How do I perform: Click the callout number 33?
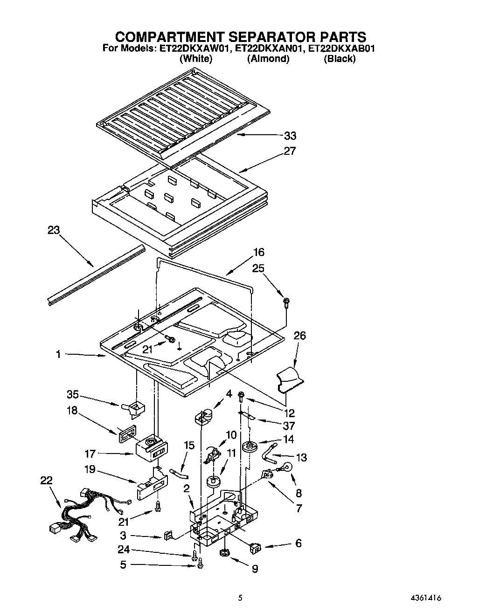290,136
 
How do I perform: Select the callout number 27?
290,151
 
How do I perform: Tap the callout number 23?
54,230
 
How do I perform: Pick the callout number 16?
258,252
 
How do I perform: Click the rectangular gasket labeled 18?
125,434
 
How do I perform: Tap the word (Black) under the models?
340,59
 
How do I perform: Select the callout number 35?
72,395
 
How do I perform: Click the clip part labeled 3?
168,535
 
